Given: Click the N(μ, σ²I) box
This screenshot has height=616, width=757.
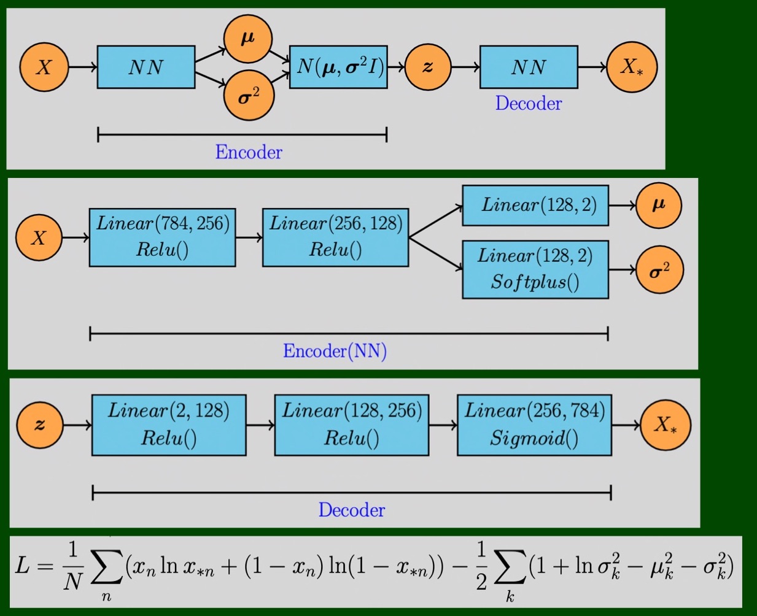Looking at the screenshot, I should [338, 67].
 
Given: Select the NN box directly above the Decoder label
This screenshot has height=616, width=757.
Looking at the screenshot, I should [529, 67].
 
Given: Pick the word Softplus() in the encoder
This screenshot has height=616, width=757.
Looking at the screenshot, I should [535, 282].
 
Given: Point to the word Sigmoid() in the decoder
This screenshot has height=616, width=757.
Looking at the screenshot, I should [534, 439].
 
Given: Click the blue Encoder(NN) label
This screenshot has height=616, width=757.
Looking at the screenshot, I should [335, 351].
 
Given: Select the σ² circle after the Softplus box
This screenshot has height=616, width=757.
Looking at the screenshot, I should [659, 270].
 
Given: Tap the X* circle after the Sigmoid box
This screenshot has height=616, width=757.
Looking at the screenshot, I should [666, 425].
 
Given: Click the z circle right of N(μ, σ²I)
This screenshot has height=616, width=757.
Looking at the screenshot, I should [428, 67].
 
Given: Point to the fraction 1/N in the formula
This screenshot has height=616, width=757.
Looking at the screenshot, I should [72, 566].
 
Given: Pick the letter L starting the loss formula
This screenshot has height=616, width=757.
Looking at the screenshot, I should [23, 566].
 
